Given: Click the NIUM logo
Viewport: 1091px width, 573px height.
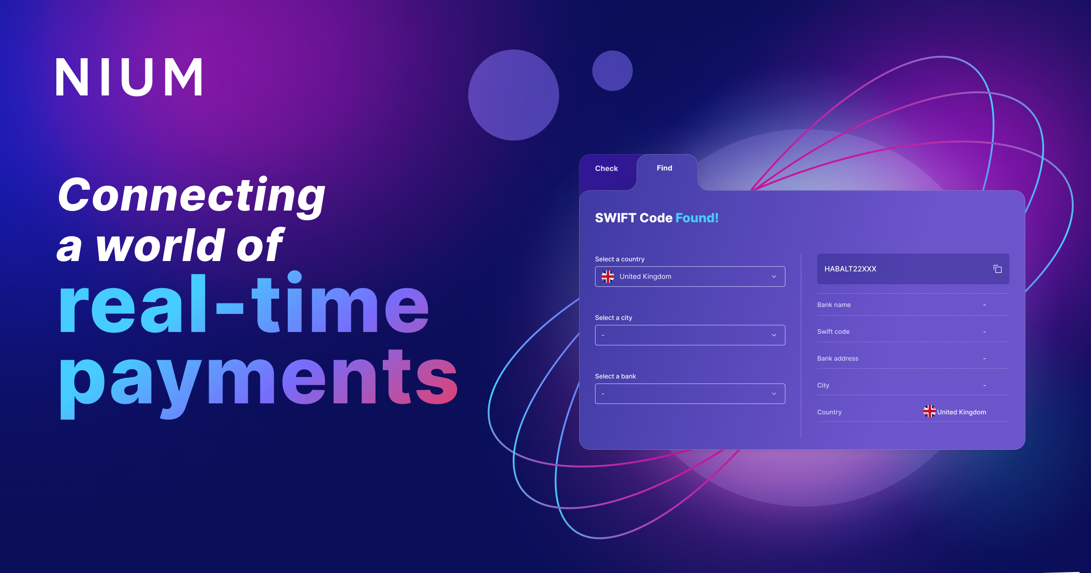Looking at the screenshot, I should click(129, 77).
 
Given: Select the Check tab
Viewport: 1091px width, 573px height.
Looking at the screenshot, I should click(606, 169).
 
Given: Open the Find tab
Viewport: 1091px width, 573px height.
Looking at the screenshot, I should click(664, 168).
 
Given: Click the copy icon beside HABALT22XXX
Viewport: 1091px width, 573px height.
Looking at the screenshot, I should click(997, 269).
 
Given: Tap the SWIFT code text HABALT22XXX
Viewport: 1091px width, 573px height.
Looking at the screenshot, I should click(850, 269).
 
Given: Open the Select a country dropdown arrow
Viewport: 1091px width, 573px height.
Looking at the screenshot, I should click(774, 277).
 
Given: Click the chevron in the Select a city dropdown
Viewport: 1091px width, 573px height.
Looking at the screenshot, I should click(774, 336).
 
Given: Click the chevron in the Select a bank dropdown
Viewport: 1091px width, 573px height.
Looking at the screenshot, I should click(774, 394).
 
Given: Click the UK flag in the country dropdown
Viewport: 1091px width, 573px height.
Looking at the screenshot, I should click(608, 276).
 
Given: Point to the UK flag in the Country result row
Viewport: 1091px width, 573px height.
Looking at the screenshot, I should click(929, 412).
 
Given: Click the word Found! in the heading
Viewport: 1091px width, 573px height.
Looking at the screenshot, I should click(697, 218).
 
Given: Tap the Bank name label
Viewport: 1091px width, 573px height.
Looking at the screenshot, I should click(834, 305).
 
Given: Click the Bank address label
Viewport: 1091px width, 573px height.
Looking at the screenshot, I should click(837, 359).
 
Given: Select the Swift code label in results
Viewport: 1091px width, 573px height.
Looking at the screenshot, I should click(833, 332).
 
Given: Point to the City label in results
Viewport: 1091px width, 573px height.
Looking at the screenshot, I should click(823, 386).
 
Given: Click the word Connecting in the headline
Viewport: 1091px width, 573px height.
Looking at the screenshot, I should click(191, 196).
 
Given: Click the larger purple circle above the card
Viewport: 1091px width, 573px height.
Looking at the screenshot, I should click(513, 95).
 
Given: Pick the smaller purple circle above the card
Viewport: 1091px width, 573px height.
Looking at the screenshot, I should click(612, 70).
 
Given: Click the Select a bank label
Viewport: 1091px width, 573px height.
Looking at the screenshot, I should click(615, 377).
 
